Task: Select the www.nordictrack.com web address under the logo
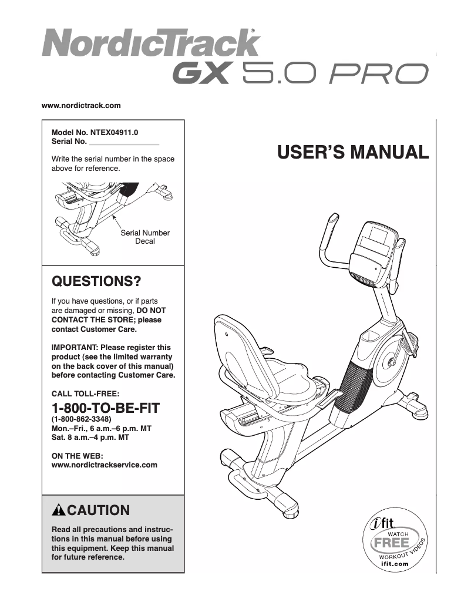coord(81,106)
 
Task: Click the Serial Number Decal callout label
coord(145,237)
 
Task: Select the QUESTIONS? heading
coord(97,281)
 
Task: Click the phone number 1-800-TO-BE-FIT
coord(106,408)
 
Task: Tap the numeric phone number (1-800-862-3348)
coord(86,420)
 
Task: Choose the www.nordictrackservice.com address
coord(105,465)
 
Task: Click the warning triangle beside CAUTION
coord(59,510)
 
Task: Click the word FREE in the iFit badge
coord(391,541)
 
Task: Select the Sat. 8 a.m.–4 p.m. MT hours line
coord(91,438)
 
